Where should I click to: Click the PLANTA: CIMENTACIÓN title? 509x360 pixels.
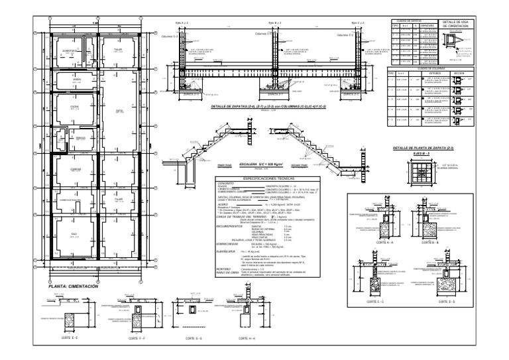tap(69, 286)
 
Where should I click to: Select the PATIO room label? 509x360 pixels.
tap(120, 111)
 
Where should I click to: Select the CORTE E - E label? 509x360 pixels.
tap(70, 337)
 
